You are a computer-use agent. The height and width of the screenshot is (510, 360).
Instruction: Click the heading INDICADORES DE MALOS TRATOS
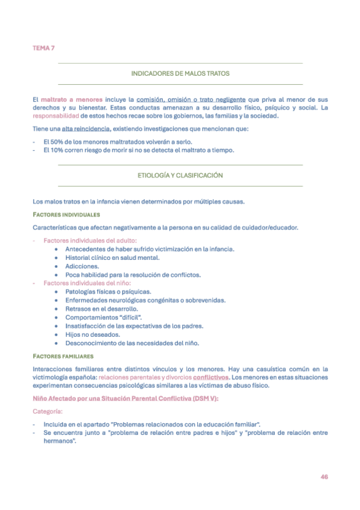coord(180,73)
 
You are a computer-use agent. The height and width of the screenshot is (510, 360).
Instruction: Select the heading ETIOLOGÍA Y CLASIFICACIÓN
coord(180,175)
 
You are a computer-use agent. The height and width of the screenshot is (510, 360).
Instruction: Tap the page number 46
coord(324,476)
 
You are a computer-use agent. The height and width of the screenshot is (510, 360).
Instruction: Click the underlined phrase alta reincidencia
coord(85,129)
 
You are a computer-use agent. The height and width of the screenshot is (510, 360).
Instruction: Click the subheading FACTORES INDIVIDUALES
coord(66,214)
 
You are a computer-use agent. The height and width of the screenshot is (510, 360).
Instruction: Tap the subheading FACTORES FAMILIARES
coord(63,356)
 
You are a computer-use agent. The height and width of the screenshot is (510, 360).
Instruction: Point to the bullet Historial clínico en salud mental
coord(113,257)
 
